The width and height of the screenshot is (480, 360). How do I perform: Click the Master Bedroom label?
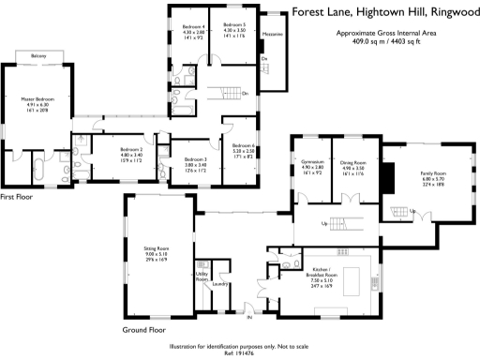tap(33, 98)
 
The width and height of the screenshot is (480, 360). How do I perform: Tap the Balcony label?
tap(37, 57)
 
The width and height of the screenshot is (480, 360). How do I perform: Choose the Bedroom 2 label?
tap(130, 149)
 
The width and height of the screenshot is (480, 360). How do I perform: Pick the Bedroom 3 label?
tap(195, 159)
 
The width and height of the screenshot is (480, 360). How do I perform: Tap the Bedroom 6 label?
tap(244, 145)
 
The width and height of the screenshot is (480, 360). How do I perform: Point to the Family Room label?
tap(432, 173)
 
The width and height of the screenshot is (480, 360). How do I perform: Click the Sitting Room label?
tap(156, 248)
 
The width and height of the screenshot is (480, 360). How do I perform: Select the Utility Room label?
tap(202, 277)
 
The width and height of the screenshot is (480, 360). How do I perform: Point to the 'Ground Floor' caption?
tap(144, 330)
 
